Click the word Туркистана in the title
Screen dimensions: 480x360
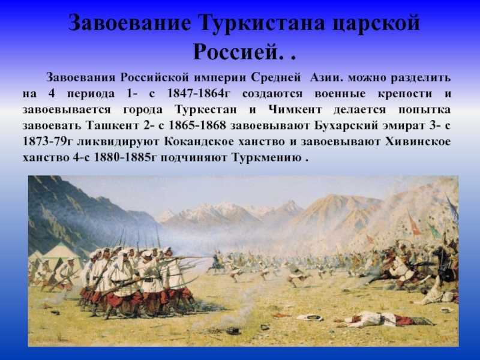click(x=260, y=23)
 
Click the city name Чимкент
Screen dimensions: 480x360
click(x=295, y=110)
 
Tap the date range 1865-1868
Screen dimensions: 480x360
click(x=197, y=125)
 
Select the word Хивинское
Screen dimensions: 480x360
click(x=418, y=142)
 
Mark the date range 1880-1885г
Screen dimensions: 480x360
click(x=125, y=158)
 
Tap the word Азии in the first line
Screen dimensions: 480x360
click(x=325, y=77)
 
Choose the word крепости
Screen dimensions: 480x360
click(x=404, y=94)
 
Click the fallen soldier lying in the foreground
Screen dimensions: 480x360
click(x=389, y=319)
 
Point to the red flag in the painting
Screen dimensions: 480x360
click(x=414, y=225)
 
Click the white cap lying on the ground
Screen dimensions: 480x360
click(x=310, y=317)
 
